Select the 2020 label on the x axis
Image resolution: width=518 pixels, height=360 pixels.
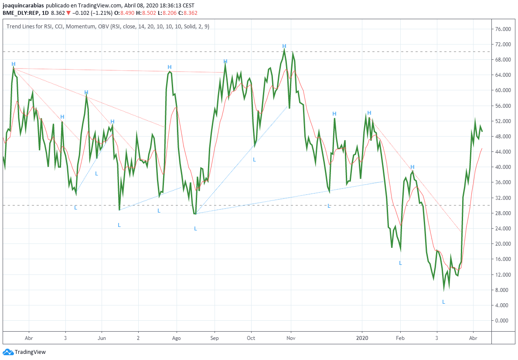coord(362,338)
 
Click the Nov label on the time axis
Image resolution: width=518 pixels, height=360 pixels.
coord(291,338)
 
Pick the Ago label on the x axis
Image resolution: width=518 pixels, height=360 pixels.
coord(176,338)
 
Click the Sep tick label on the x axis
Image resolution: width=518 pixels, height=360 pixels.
coord(214,338)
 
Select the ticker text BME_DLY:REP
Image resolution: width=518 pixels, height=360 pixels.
coord(22,13)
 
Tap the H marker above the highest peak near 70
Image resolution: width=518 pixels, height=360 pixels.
coord(284,46)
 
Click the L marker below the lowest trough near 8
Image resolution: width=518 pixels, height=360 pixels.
coord(443,302)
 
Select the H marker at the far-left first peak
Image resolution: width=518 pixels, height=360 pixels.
coord(14,64)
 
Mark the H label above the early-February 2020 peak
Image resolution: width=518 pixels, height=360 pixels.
coord(412,167)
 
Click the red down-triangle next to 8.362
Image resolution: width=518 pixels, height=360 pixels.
coord(68,13)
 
